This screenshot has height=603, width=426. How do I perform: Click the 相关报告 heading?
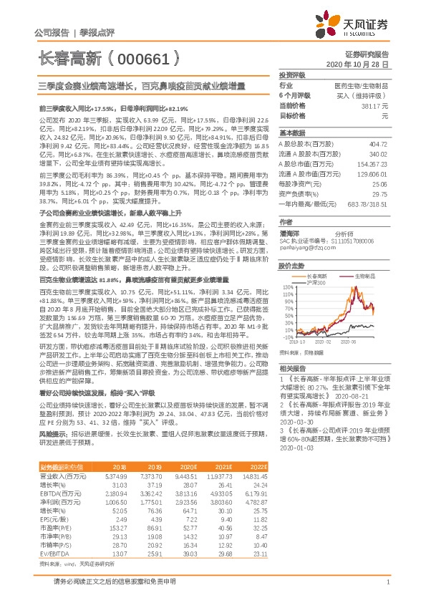(291, 365)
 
